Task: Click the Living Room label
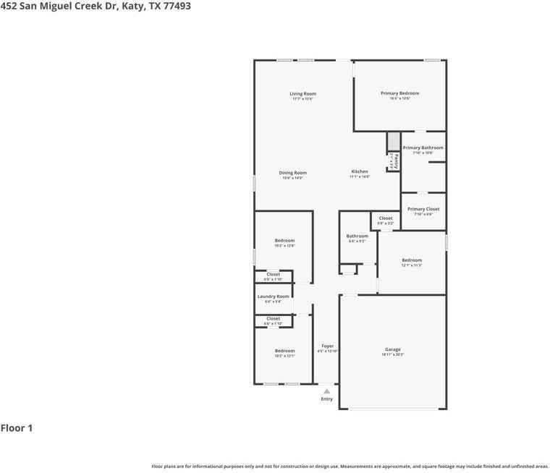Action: click(x=302, y=94)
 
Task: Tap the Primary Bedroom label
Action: click(x=399, y=93)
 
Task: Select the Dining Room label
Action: click(x=293, y=173)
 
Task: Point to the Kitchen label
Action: click(x=360, y=172)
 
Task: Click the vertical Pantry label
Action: click(x=396, y=161)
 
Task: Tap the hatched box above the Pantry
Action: click(x=393, y=140)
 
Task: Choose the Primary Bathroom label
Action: click(x=423, y=148)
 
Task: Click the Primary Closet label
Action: click(x=423, y=209)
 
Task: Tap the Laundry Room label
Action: click(x=273, y=297)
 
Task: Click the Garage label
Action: click(x=392, y=349)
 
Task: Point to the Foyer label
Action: click(x=328, y=346)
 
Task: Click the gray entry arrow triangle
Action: click(x=327, y=391)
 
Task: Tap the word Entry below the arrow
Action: click(x=327, y=399)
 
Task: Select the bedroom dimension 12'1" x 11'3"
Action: click(x=412, y=265)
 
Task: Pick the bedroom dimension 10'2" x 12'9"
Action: click(x=284, y=246)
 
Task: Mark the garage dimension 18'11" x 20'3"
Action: click(x=392, y=354)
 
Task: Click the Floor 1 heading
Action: click(x=17, y=428)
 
